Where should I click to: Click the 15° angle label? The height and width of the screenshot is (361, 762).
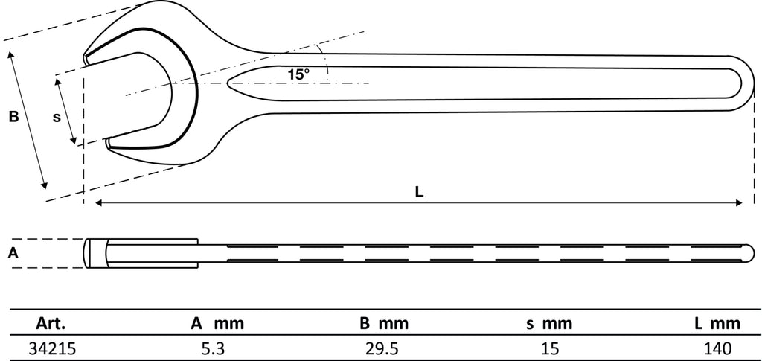point(298,74)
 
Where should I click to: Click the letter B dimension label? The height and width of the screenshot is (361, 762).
point(13,117)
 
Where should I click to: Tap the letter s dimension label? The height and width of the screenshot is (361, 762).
point(57,117)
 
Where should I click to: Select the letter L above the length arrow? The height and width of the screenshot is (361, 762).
point(419,192)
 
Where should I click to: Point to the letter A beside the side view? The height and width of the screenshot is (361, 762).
point(13,252)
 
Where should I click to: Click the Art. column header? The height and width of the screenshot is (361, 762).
point(51,324)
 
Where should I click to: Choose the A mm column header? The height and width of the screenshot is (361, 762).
point(217,324)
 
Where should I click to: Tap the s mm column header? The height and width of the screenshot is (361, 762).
point(549,324)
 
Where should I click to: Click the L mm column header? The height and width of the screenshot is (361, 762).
point(717,324)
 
